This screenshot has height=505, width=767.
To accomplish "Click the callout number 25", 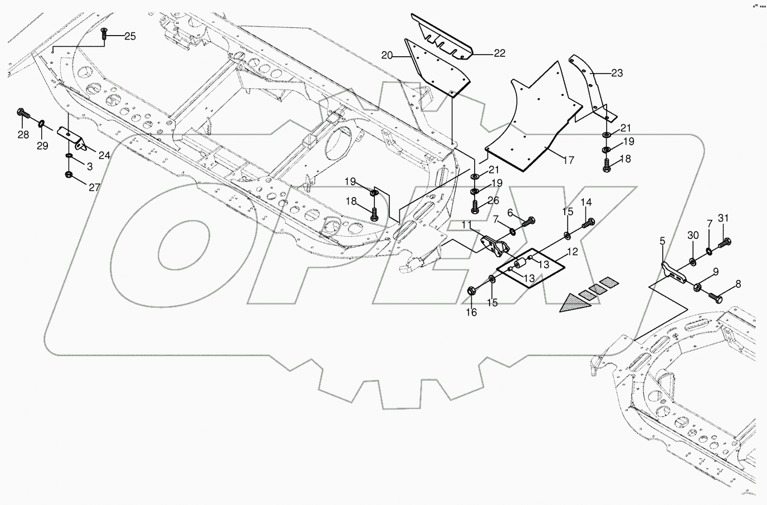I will (x=129, y=37).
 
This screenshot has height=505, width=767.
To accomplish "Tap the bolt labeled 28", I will (x=23, y=114).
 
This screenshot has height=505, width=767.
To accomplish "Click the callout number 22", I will (x=499, y=53).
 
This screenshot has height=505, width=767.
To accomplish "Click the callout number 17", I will (x=568, y=160).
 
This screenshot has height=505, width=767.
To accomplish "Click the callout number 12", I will (x=572, y=252).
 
